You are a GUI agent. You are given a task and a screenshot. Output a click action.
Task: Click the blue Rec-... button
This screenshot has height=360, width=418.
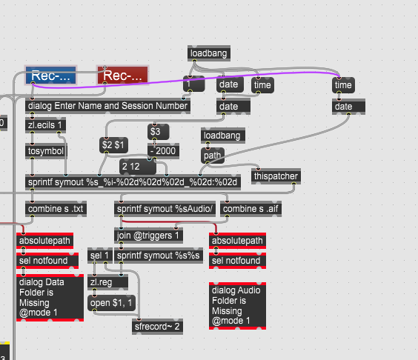click(50, 76)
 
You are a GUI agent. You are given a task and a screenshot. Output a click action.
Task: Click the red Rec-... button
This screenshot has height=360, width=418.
click(122, 76)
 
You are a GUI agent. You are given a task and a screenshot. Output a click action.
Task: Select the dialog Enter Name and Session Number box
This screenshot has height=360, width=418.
click(107, 106)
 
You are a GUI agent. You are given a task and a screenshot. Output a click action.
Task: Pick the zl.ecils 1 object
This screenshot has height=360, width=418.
click(45, 125)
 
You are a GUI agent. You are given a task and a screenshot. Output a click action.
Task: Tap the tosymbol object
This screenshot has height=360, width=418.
click(46, 151)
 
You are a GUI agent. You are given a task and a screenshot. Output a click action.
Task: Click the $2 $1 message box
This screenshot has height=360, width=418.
click(113, 145)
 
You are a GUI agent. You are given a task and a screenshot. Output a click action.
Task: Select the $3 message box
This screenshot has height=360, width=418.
click(158, 132)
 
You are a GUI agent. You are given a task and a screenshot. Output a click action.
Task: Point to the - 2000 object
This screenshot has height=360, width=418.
click(163, 151)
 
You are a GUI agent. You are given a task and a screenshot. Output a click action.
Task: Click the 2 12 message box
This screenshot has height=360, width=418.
click(138, 167)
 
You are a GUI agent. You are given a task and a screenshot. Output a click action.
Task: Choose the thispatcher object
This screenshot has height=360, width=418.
click(276, 176)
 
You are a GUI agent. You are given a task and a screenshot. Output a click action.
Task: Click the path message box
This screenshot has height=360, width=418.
click(213, 156)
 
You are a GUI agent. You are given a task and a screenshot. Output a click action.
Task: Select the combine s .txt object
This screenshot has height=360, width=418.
click(56, 209)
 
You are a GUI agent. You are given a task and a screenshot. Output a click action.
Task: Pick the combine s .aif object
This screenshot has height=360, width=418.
click(251, 209)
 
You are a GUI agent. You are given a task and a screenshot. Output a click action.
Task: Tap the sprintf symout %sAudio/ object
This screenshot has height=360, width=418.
click(165, 209)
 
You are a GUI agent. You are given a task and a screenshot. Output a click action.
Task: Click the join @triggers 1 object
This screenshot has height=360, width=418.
click(148, 236)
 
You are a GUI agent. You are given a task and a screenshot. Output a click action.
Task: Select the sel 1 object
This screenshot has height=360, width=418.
click(100, 256)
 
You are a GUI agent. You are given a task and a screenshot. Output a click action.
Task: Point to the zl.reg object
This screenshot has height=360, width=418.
click(107, 282)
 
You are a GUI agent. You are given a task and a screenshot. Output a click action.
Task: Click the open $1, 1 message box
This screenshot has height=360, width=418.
click(111, 303)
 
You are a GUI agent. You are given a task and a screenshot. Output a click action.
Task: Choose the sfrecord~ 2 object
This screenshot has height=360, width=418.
click(157, 327)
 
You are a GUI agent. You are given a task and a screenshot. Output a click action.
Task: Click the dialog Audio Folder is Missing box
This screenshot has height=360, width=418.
click(237, 306)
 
